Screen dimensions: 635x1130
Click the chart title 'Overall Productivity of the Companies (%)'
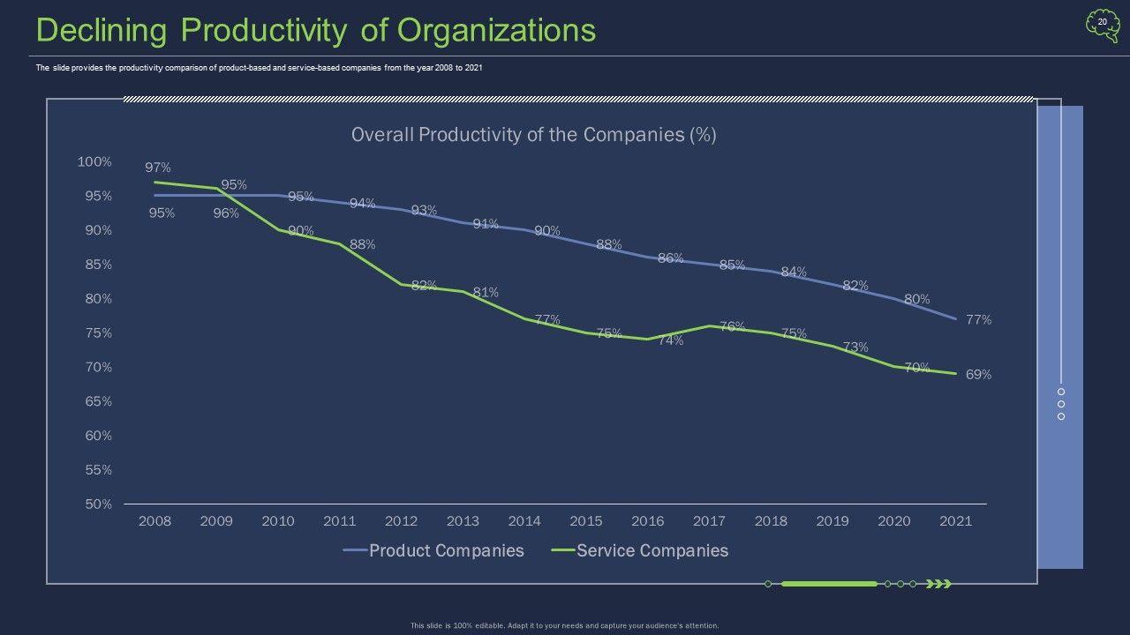coord(533,135)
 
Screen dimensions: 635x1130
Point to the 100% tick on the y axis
coord(94,162)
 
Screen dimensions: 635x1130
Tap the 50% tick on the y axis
coord(98,504)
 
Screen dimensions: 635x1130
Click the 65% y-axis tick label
coord(98,401)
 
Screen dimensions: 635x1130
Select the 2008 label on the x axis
coord(154,521)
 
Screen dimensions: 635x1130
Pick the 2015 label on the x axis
coord(586,521)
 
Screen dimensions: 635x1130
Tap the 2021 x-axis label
coord(955,521)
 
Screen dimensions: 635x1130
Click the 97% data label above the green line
coord(158,168)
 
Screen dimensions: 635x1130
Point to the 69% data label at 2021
coord(978,375)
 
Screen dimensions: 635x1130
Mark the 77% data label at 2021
coord(978,320)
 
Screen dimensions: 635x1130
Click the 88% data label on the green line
coord(362,244)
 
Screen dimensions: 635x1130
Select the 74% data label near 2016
coord(670,340)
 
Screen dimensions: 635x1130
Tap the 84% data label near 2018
coord(794,272)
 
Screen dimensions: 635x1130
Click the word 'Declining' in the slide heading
coord(102,31)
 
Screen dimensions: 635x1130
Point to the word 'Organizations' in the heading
coord(496,31)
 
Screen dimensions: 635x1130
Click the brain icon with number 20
coord(1102,26)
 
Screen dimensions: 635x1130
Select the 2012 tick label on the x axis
coord(401,521)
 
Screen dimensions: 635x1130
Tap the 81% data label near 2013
coord(486,292)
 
